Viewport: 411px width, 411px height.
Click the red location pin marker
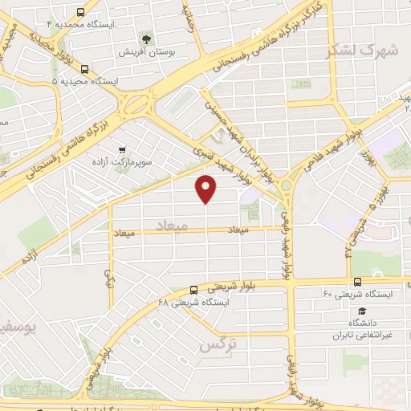pyautogui.click(x=206, y=188)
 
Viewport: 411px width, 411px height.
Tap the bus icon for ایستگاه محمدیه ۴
pyautogui.click(x=80, y=11)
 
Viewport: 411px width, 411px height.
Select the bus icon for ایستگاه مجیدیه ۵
pyautogui.click(x=85, y=69)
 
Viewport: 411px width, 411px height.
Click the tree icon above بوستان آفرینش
pyautogui.click(x=146, y=38)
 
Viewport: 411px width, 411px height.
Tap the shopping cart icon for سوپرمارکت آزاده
pyautogui.click(x=121, y=149)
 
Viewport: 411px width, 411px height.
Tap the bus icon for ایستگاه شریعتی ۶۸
pyautogui.click(x=193, y=290)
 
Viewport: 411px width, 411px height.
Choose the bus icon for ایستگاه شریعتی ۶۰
pyautogui.click(x=356, y=282)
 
